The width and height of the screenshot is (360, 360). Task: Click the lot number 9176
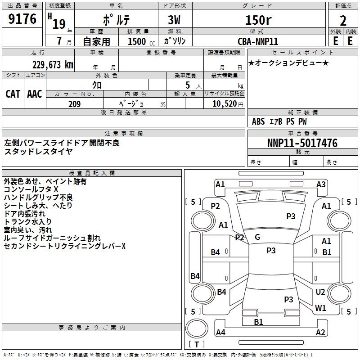[22, 19]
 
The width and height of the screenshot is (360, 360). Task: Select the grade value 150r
[259, 20]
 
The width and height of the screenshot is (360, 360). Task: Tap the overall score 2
[343, 21]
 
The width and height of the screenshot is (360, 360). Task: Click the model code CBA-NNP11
[258, 41]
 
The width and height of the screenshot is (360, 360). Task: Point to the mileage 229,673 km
[53, 64]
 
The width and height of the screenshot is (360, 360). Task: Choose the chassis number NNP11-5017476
[302, 143]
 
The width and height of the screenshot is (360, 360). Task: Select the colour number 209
[75, 104]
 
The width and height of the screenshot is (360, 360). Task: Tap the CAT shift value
[13, 94]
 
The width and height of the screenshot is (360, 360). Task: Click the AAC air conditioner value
[35, 94]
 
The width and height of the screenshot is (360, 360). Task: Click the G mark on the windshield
[257, 237]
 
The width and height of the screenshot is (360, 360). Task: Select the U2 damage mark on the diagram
[320, 292]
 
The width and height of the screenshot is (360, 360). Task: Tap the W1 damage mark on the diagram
[320, 308]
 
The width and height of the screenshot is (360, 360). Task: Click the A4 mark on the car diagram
[220, 333]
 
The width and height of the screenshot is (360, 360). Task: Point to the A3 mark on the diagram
[321, 184]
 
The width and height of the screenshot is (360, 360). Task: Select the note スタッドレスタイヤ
[38, 151]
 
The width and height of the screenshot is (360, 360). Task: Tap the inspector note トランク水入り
[27, 221]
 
